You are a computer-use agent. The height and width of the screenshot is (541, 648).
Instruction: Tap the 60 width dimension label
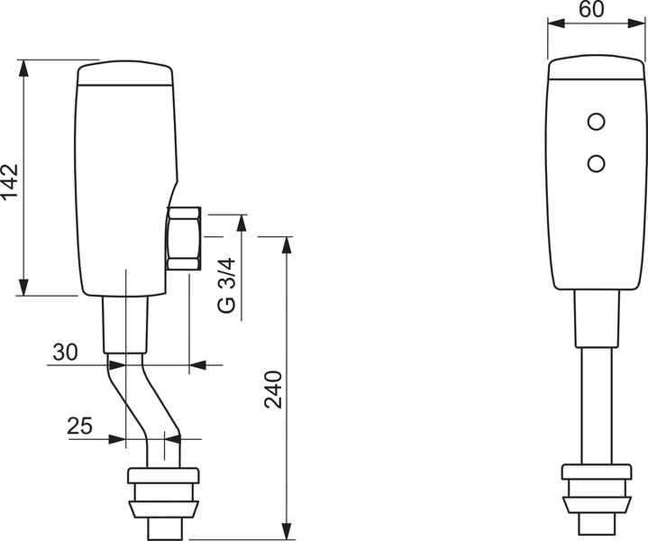pos(590,11)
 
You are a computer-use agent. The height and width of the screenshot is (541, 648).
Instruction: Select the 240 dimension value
pos(274,389)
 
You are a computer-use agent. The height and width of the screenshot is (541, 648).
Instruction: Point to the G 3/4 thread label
pos(227,285)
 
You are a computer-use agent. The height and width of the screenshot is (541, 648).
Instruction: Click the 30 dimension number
pos(64,353)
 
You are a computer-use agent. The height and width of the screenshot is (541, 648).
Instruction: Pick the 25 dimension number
pos(80,426)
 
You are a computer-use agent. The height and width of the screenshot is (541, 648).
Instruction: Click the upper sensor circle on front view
pos(596,121)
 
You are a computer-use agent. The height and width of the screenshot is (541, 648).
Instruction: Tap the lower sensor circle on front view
pos(596,162)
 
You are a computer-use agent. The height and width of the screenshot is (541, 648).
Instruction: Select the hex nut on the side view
pos(184,238)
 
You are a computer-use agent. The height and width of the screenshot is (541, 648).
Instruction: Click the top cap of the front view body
pos(596,69)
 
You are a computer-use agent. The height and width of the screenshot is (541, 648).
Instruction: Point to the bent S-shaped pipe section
pos(140,402)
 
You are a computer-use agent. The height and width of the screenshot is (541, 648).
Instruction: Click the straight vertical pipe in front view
pos(596,406)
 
